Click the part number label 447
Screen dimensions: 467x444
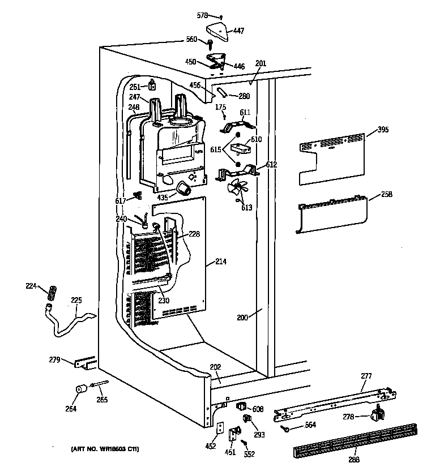(239, 31)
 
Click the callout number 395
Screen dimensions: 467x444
(383, 130)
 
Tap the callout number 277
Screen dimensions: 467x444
(366, 375)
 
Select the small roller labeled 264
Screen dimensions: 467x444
(80, 390)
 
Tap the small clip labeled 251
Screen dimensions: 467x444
(152, 85)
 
